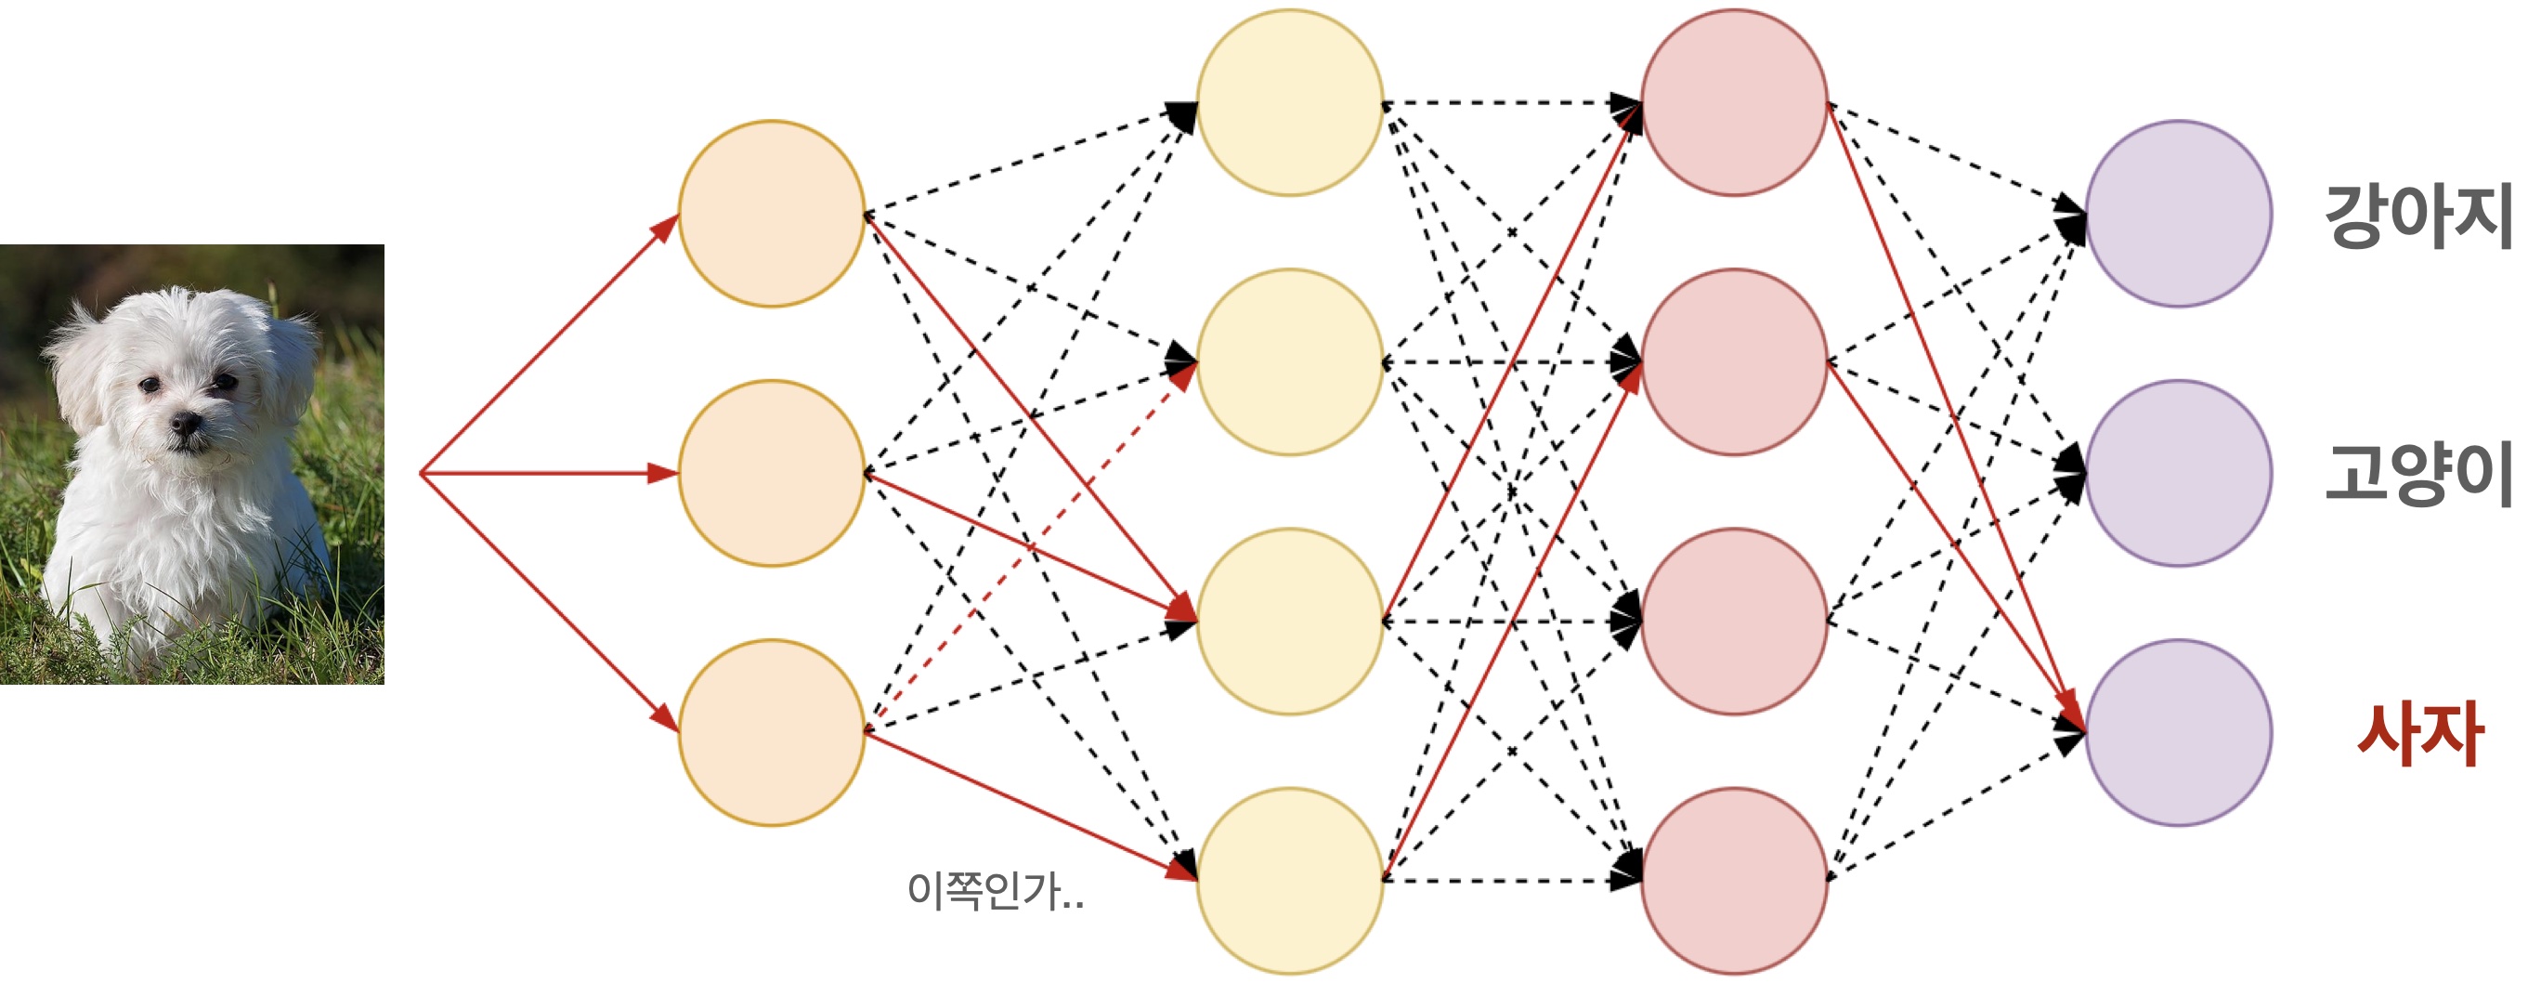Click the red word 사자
coord(2420,733)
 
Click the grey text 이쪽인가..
coord(994,891)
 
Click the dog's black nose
coord(185,424)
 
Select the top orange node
coord(772,214)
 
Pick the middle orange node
coord(772,473)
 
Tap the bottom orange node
coord(772,732)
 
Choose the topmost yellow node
coord(1289,103)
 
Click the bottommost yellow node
coord(1289,880)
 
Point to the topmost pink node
coord(1734,103)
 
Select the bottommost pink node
coord(1734,880)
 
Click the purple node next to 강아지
coord(2178,214)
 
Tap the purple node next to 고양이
coord(2178,473)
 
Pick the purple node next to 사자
coord(2178,732)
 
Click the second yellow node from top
coord(1289,362)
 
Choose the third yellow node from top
coord(1289,622)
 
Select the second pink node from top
coord(1734,362)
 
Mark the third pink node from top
coord(1734,622)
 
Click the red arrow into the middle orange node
coord(550,474)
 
